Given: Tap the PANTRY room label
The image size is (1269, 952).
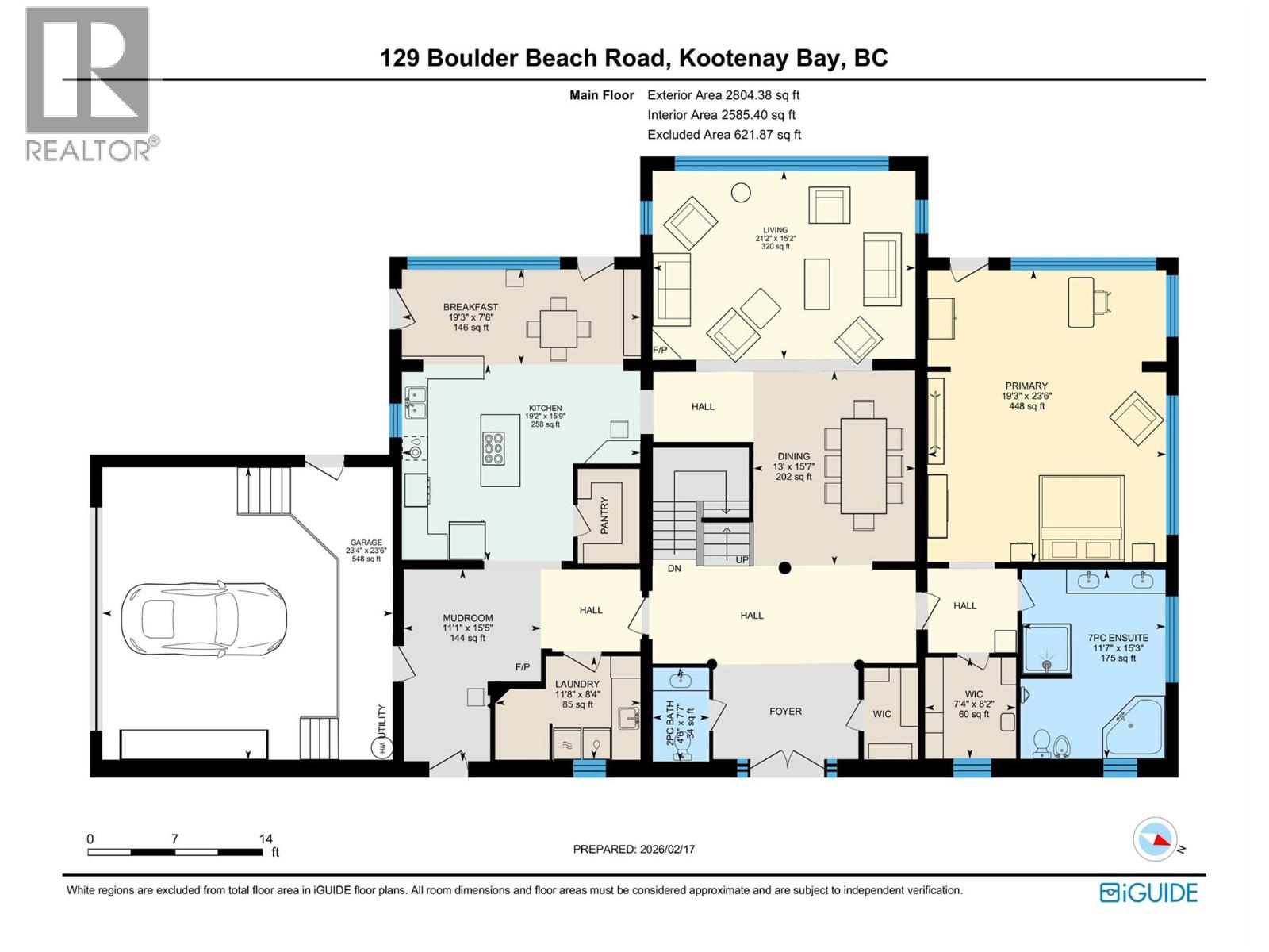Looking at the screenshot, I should click(604, 516).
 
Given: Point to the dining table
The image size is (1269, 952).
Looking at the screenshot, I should click(864, 466).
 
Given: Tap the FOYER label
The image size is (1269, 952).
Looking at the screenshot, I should click(785, 712).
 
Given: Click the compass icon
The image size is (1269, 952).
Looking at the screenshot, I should click(1155, 839).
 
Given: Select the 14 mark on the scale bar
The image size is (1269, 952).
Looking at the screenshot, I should click(266, 839).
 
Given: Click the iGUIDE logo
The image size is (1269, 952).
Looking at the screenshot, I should click(1148, 892).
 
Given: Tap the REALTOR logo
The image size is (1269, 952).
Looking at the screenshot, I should click(89, 83).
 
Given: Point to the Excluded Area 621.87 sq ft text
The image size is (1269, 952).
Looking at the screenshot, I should click(724, 135).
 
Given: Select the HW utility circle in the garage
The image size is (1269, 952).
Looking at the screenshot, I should click(383, 747).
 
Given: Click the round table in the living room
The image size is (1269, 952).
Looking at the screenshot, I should click(741, 192).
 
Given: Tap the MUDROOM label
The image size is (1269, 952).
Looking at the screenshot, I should click(468, 618).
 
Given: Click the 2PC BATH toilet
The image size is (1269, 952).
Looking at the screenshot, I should click(681, 751).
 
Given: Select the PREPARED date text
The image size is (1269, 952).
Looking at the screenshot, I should click(634, 849).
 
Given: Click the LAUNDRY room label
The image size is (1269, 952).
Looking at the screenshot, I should click(577, 684).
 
